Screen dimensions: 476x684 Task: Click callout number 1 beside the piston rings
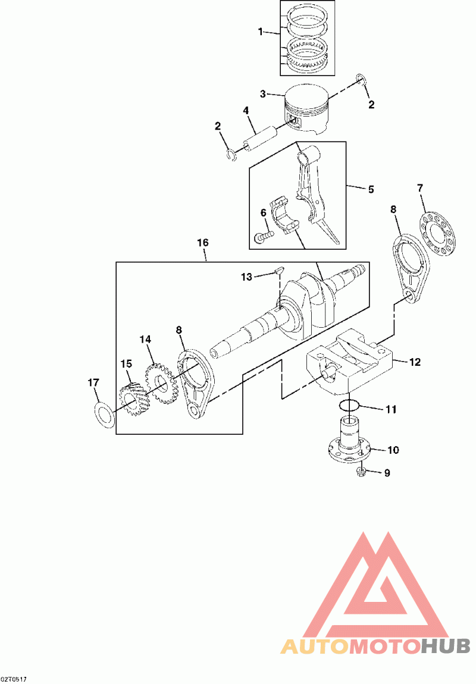[x=261, y=32]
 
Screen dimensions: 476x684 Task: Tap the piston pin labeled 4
[x=261, y=138]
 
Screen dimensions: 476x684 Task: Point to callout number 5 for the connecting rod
[x=371, y=189]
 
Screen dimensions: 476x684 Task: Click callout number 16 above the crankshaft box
[x=203, y=243]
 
